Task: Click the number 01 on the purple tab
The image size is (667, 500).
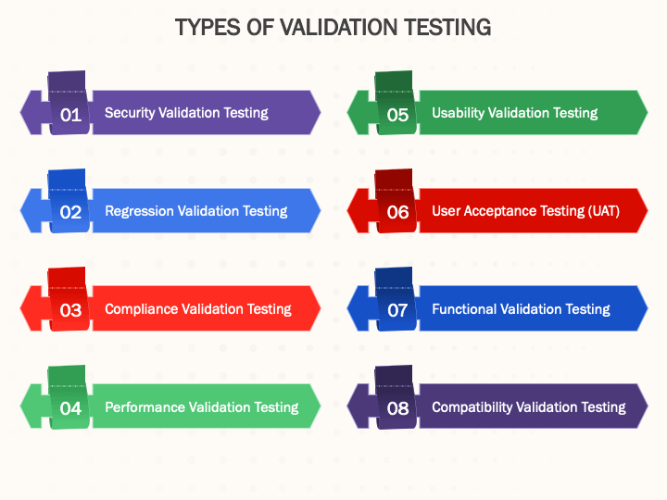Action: [70, 115]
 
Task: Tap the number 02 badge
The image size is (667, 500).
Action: [70, 212]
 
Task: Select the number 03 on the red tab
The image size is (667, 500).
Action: [70, 310]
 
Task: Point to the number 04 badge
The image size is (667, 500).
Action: [70, 408]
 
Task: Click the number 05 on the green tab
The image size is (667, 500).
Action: [397, 115]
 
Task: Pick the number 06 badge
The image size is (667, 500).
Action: [397, 212]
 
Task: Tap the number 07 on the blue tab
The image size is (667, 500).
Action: [397, 310]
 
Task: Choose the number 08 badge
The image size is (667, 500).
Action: [397, 408]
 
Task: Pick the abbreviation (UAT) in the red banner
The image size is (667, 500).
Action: [604, 211]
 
